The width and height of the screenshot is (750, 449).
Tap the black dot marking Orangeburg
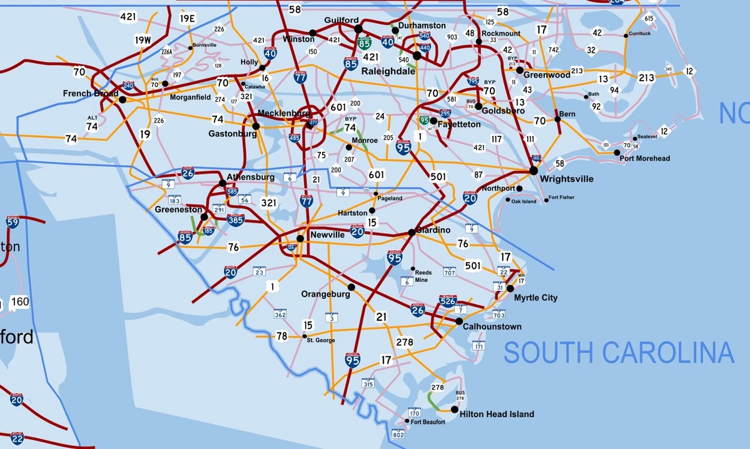tap(351, 287)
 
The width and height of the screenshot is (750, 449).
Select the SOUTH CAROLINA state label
tap(619, 353)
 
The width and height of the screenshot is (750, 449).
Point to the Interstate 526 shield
tap(448, 300)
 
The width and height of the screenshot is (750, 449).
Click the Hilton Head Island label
tap(497, 414)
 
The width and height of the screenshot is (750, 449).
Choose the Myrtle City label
tap(535, 298)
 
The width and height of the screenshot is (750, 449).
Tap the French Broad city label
tap(91, 94)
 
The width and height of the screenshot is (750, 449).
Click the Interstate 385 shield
tap(235, 219)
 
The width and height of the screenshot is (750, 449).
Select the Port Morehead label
tap(644, 158)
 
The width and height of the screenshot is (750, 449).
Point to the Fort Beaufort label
tap(428, 422)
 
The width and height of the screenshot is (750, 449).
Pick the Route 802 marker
tap(398, 434)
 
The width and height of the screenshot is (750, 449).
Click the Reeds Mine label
tap(423, 276)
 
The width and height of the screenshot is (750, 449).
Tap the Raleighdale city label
tap(388, 71)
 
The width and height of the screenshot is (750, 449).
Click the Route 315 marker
tap(368, 383)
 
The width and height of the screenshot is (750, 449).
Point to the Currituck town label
tap(640, 33)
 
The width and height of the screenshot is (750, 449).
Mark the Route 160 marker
tap(20, 302)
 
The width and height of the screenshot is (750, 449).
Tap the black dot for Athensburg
tap(222, 183)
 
